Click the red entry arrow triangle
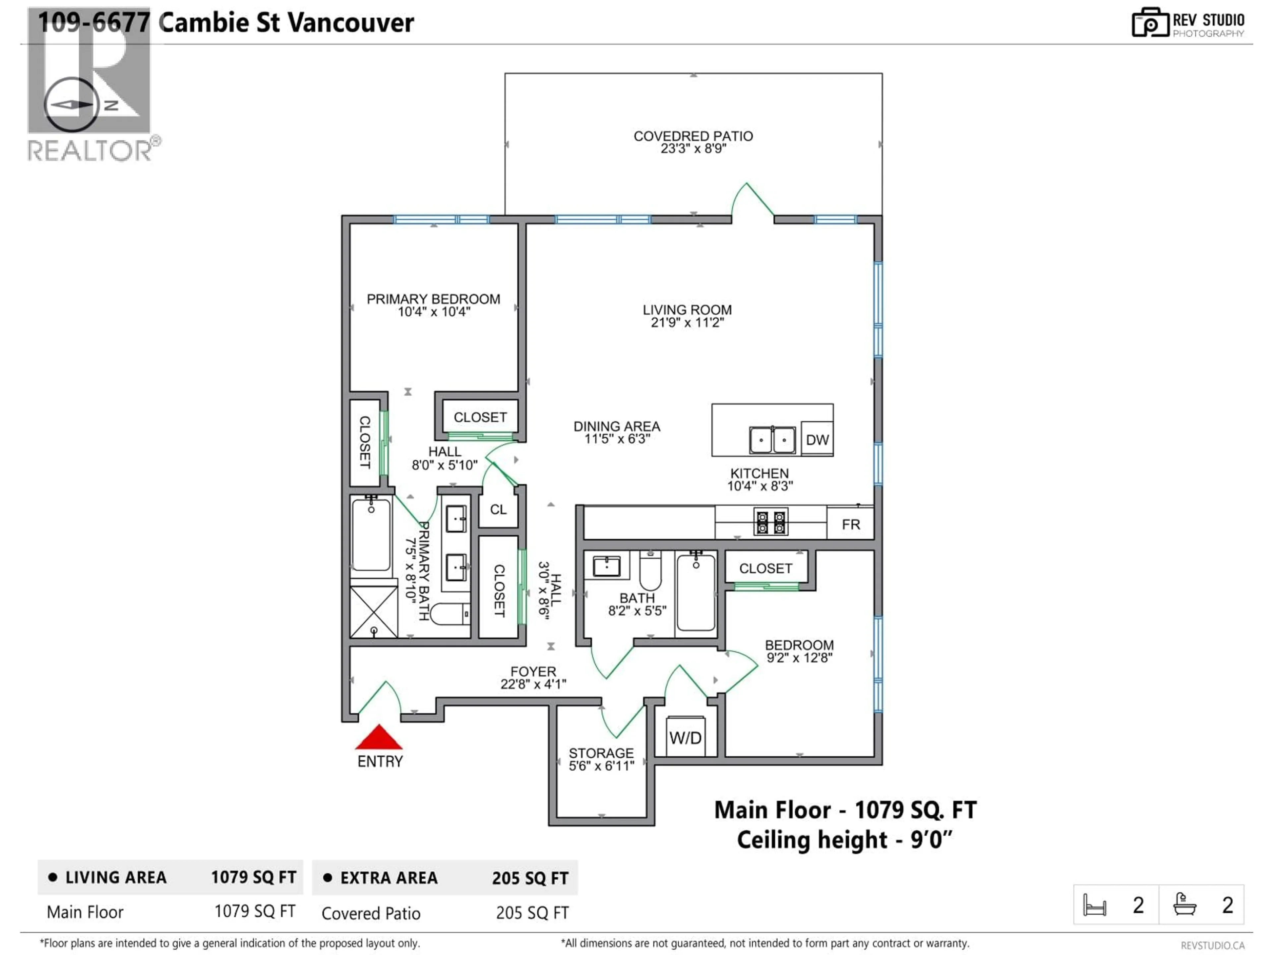[379, 738]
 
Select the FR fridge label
[851, 524]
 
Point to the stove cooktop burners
[770, 523]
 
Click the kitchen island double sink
[772, 440]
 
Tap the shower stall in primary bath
[374, 611]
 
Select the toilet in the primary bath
[449, 614]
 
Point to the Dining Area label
[616, 426]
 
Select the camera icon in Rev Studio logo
[1150, 23]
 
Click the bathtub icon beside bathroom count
[1185, 904]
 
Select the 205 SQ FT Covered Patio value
[532, 913]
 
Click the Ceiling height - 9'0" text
[844, 840]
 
